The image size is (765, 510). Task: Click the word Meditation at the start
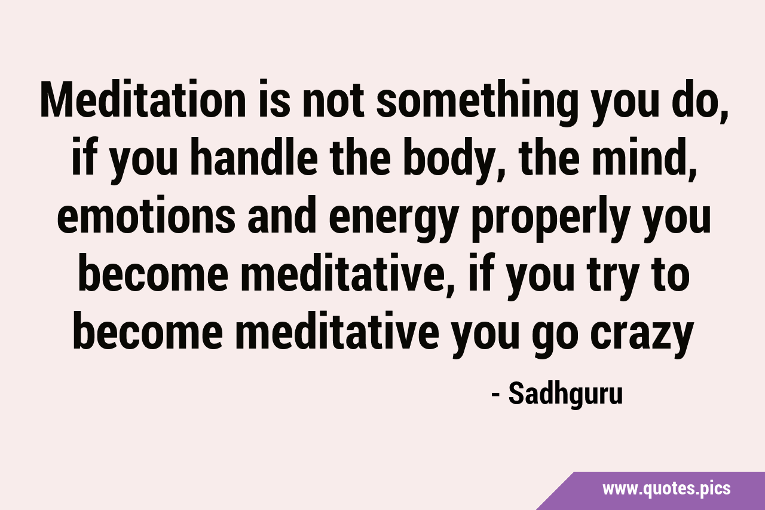pos(143,99)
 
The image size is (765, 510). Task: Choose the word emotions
pos(146,214)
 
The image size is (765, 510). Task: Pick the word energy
pos(393,219)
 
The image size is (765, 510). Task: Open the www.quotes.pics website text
pos(666,488)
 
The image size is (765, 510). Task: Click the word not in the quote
pos(333,100)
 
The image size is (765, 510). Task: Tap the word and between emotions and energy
pos(281,214)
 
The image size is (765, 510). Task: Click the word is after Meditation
pos(274,99)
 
